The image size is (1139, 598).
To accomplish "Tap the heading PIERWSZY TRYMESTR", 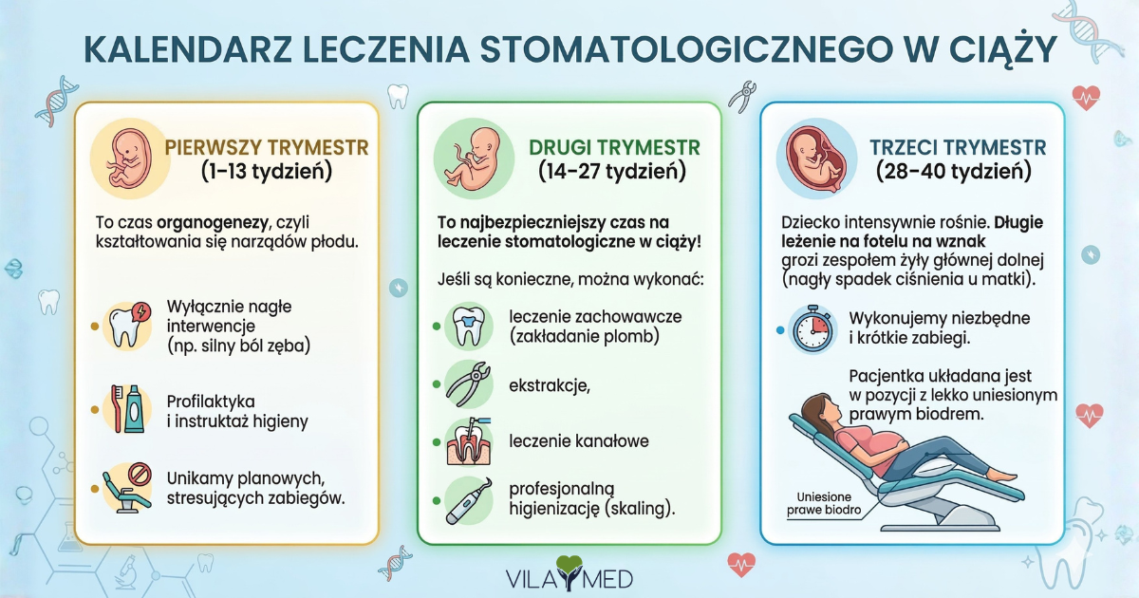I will [x=267, y=148].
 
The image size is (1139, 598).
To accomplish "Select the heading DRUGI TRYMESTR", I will [x=614, y=148].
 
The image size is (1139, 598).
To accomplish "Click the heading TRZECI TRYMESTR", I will [x=958, y=148].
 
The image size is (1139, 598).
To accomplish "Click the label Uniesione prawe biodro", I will [x=824, y=503].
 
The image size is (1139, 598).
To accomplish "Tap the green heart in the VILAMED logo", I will [x=570, y=568].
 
